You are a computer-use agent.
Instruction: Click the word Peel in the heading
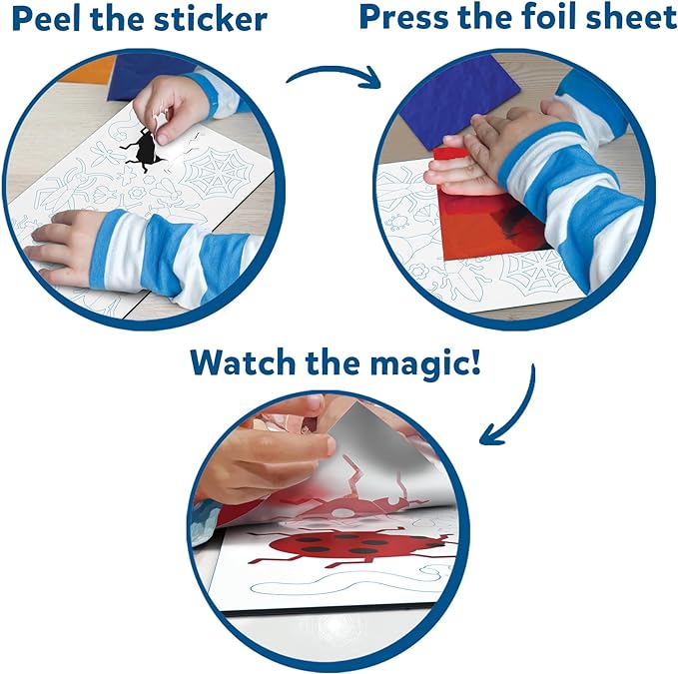(48, 19)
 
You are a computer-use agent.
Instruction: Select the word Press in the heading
(404, 17)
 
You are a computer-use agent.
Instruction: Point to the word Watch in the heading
(243, 362)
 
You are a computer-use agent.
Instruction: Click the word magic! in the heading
(425, 364)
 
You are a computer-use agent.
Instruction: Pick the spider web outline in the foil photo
(535, 271)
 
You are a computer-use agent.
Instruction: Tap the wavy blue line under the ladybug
(345, 581)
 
